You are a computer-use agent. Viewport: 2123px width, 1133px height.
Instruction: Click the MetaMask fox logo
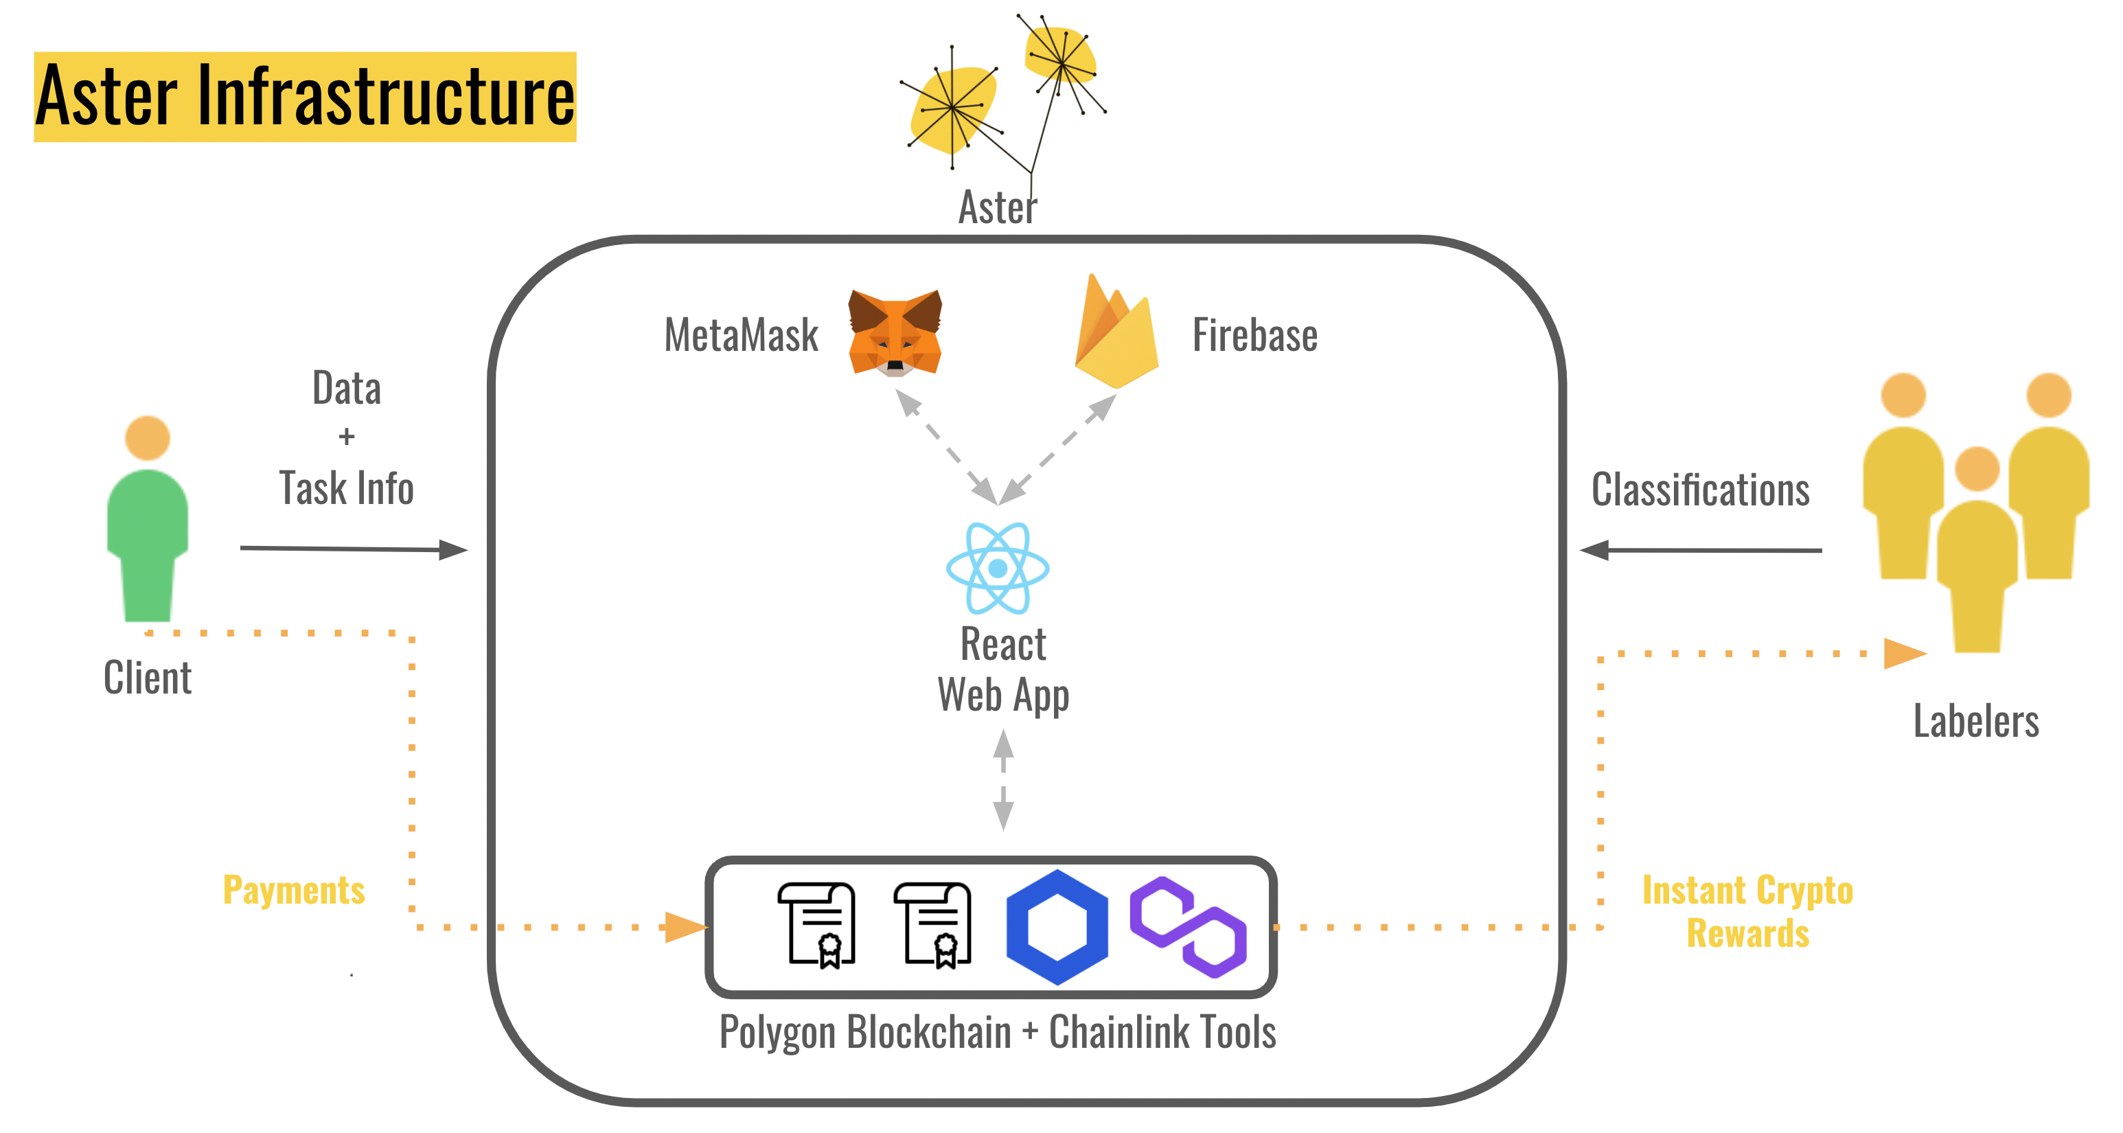[895, 333]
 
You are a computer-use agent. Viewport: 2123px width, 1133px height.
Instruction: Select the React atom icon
[997, 568]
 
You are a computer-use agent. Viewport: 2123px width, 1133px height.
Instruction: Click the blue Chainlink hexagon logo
[1057, 927]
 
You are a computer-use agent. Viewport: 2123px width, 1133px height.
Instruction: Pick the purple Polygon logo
[1188, 927]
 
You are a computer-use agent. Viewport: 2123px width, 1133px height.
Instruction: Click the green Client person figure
[148, 518]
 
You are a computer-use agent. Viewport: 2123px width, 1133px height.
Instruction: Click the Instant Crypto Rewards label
[1747, 911]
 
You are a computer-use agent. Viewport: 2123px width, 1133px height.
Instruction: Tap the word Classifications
[1700, 490]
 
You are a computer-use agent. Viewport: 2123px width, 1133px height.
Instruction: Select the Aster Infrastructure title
[305, 96]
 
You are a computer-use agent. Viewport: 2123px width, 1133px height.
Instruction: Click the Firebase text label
[1254, 335]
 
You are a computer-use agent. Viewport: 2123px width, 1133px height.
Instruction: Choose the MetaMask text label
[741, 335]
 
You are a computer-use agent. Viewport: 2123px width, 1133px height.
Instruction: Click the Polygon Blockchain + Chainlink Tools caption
[997, 1031]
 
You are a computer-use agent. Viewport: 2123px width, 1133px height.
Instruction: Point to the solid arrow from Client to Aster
[354, 549]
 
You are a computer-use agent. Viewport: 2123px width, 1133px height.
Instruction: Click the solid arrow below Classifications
[1700, 549]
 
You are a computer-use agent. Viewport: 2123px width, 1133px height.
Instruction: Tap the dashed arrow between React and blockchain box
[1003, 779]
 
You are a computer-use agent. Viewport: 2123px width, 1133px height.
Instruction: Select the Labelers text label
[1975, 721]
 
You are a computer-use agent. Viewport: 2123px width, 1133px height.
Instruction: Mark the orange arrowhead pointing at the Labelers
[1905, 654]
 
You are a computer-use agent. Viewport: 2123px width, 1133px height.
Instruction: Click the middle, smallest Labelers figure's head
[1977, 469]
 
